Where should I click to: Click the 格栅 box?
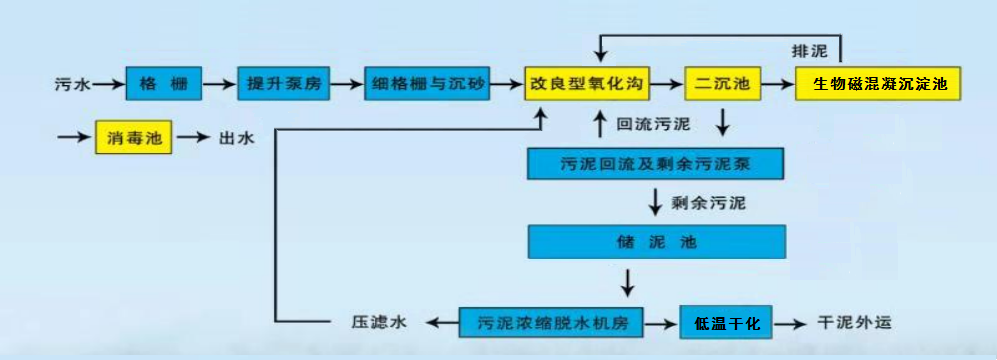point(163,84)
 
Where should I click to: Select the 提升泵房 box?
point(281,84)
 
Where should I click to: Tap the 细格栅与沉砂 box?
point(428,84)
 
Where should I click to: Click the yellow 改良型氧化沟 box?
point(584,84)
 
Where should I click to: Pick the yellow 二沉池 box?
point(721,84)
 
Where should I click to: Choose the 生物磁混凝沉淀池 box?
point(878,84)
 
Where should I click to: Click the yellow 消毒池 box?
point(133,138)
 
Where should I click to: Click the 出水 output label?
point(236,138)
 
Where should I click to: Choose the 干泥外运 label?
point(853,322)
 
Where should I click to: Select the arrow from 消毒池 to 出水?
point(192,138)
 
